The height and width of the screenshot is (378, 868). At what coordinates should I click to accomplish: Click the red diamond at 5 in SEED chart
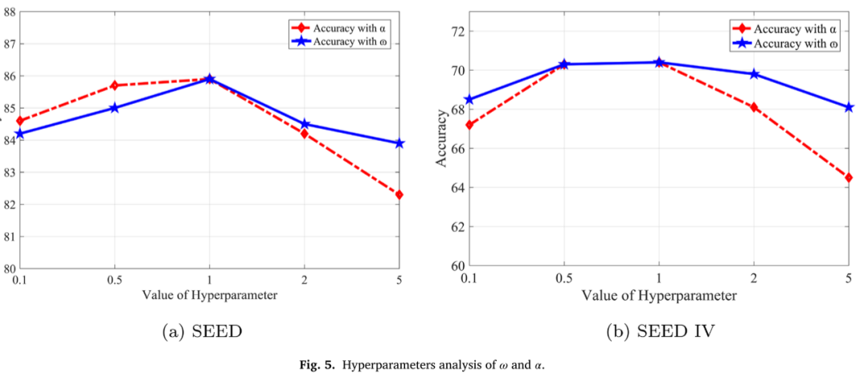pos(399,195)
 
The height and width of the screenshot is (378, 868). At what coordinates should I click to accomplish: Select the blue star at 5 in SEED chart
pos(399,143)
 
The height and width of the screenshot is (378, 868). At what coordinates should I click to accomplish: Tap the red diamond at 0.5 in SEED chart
pos(114,85)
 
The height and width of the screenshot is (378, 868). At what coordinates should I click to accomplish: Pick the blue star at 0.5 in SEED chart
pos(114,108)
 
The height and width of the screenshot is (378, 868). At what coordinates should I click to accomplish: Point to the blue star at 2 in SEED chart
pos(305,124)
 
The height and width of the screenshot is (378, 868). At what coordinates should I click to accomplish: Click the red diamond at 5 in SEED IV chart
pos(849,178)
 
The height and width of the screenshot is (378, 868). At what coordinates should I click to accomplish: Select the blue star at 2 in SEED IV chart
pos(754,74)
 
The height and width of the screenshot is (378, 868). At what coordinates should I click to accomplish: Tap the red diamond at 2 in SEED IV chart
pos(754,107)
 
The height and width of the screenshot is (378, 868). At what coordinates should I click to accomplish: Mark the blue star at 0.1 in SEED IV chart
pos(469,100)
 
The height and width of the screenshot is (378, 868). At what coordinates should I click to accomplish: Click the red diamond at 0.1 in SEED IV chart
pos(469,125)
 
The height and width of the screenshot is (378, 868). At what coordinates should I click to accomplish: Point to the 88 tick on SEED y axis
pos(10,12)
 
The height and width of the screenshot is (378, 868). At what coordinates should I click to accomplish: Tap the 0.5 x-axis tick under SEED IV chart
pos(564,278)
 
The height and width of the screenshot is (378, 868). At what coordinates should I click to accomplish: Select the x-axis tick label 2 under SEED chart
pos(305,278)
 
